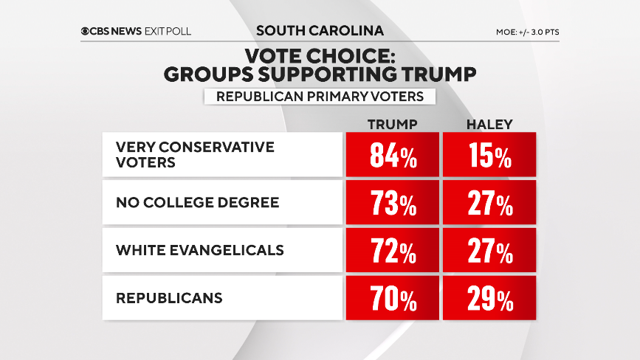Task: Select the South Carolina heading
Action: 320,31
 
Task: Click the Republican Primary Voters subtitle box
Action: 320,96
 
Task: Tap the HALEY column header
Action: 489,124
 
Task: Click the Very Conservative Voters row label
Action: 196,154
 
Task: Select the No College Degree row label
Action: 198,202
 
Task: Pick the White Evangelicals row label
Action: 200,250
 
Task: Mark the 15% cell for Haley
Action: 489,155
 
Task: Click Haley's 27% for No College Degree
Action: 489,203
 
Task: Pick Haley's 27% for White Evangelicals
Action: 489,251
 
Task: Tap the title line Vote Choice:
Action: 320,56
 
